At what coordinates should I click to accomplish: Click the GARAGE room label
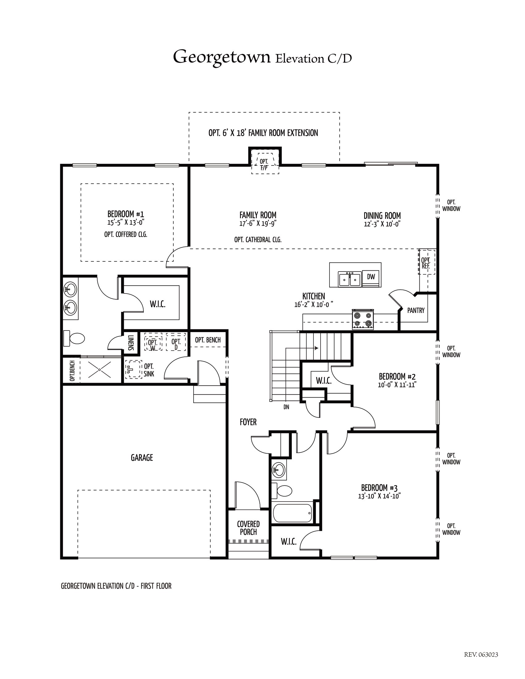(x=142, y=458)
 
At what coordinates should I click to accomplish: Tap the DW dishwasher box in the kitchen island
(x=371, y=277)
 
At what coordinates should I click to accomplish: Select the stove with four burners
(x=363, y=319)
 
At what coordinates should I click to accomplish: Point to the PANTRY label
(x=416, y=310)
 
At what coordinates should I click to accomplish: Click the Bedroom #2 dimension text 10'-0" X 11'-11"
(x=397, y=385)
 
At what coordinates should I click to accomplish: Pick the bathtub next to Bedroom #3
(x=292, y=513)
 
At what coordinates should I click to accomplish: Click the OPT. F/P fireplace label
(x=264, y=165)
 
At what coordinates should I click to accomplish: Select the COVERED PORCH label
(x=248, y=528)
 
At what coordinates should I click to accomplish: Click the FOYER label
(x=248, y=422)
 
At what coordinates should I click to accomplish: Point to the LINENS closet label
(x=131, y=343)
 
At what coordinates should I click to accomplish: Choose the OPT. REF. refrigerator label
(x=426, y=263)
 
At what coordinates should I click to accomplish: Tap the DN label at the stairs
(x=286, y=407)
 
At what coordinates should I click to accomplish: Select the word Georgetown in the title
(x=222, y=57)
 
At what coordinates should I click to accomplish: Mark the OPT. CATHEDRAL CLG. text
(x=258, y=240)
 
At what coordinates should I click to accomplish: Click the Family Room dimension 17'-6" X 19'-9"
(x=258, y=224)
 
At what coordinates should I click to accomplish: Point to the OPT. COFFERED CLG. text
(x=126, y=235)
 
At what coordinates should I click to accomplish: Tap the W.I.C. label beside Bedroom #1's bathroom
(x=158, y=304)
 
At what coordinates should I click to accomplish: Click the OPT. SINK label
(x=149, y=370)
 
